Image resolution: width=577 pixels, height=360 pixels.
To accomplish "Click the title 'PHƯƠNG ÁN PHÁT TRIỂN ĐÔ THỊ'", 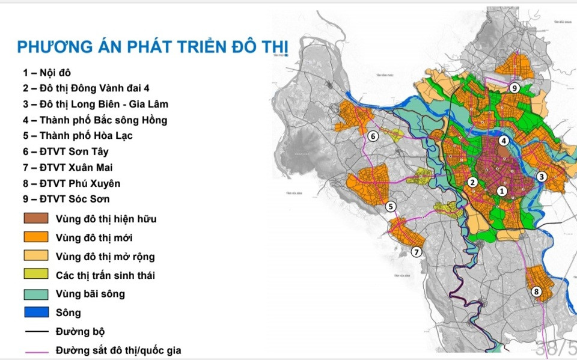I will [153, 47].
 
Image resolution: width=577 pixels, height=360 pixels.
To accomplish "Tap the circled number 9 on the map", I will [514, 88].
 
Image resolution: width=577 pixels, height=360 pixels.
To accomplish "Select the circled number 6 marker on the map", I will [373, 136].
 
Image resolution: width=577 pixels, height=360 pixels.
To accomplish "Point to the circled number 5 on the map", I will [391, 207].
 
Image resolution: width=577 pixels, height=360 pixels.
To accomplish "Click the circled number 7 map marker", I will [417, 252].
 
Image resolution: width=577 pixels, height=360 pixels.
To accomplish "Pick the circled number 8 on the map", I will [537, 293].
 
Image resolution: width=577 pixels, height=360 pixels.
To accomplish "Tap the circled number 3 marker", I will [542, 176].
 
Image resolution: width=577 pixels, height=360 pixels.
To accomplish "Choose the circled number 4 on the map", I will [504, 141].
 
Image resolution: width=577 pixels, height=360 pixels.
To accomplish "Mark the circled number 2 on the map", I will [473, 182].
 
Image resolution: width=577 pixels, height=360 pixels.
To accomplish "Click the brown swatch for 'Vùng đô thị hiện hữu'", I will [36, 219].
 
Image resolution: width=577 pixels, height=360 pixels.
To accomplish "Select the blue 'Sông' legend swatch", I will [36, 313].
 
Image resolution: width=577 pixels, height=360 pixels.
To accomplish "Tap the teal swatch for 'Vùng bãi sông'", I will [36, 294].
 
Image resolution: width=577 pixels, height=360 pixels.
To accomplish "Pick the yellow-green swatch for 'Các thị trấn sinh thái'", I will [36, 275].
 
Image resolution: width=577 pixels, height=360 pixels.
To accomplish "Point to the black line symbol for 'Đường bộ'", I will [36, 331].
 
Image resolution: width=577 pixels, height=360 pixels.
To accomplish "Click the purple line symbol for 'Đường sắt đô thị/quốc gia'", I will [36, 350].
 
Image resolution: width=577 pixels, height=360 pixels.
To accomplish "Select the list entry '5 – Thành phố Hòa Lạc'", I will [78, 135].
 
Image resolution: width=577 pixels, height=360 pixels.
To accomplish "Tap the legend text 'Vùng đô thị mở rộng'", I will [105, 257].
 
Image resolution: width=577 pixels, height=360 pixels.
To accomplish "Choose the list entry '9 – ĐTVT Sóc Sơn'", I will [66, 198].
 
